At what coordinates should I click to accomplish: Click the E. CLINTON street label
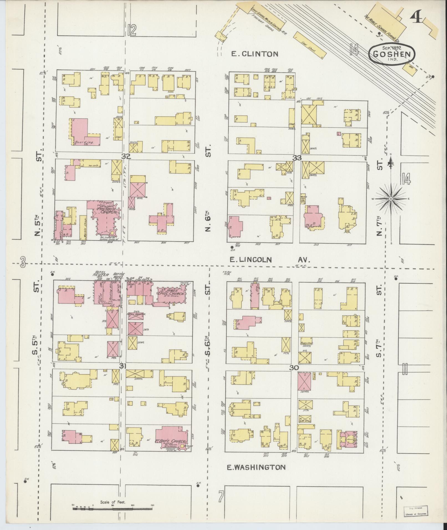255,54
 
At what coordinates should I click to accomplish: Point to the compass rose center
391,199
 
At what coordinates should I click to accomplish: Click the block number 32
126,157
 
